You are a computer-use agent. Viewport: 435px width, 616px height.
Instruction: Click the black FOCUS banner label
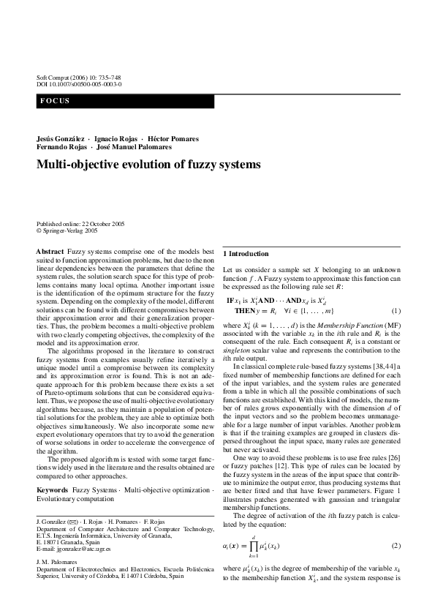[x=56, y=101]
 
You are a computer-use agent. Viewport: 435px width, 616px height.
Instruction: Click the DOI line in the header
[x=79, y=85]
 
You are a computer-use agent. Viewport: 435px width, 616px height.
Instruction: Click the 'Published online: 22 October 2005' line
[x=82, y=223]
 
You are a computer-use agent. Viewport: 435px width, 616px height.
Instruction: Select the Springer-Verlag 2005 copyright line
[x=67, y=230]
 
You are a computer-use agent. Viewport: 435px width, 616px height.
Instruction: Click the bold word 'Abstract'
[x=50, y=252]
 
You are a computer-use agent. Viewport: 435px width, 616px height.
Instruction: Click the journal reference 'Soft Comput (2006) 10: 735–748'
[x=78, y=78]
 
